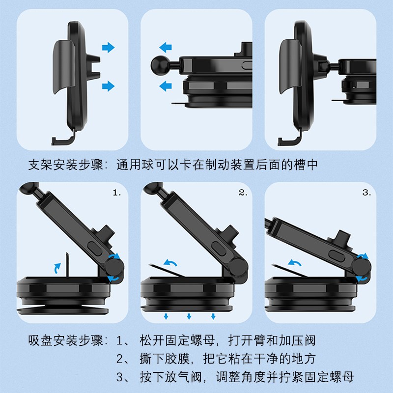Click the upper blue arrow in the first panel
tap(108, 48)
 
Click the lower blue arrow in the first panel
tap(108, 86)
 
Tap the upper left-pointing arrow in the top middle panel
tap(166, 48)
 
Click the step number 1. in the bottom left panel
tap(116, 193)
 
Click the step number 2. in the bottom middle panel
tap(243, 193)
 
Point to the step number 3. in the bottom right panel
tap(366, 193)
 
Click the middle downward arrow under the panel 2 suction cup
tap(189, 316)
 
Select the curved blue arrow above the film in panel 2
tap(171, 264)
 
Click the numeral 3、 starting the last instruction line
tap(123, 377)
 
